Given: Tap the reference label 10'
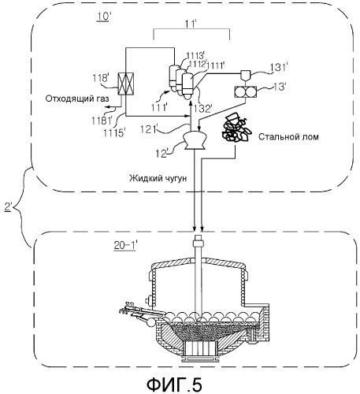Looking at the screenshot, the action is tap(102, 17).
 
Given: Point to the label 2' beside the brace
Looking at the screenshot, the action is tap(9, 206).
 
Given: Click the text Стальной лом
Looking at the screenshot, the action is tap(288, 136).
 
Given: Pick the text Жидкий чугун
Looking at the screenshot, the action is tap(158, 178).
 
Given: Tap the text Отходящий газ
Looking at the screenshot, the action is tap(77, 98).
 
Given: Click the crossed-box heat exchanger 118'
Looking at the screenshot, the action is tap(125, 84).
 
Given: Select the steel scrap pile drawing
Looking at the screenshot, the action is tap(236, 127).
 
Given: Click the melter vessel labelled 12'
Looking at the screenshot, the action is tap(195, 139).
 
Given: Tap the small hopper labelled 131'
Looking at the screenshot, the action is tap(245, 75).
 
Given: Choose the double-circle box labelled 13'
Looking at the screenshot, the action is tap(245, 93).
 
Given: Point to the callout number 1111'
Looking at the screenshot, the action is tap(215, 65).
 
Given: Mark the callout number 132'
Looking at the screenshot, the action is tap(202, 108).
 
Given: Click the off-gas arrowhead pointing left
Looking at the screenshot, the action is tap(106, 106).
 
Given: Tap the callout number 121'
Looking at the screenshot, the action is tap(149, 129).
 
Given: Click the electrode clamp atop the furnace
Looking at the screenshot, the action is tap(199, 242).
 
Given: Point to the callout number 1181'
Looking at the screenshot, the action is tap(102, 121).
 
